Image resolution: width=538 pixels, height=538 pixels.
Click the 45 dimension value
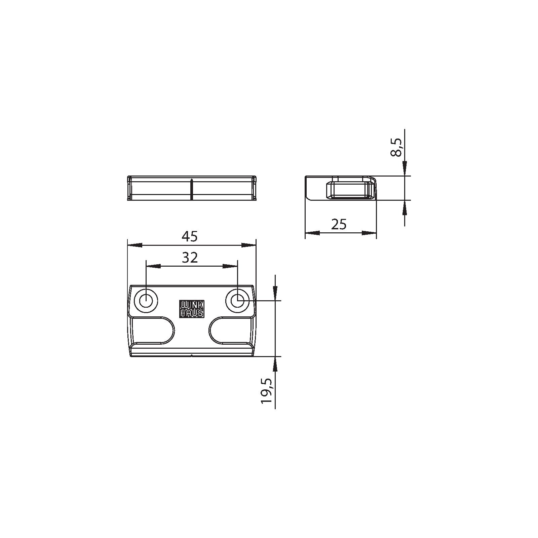click(x=190, y=237)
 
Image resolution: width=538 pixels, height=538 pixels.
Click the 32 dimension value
click(x=190, y=258)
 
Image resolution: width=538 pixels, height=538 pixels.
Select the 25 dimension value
click(x=339, y=224)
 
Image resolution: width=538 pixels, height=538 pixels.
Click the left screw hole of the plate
click(x=146, y=301)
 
